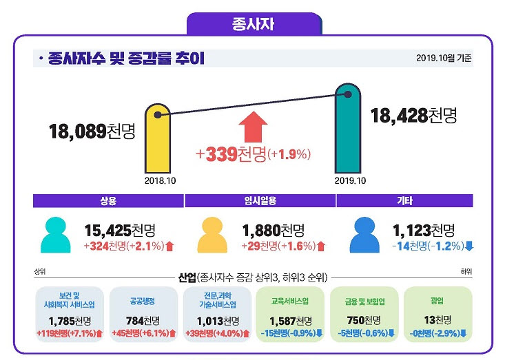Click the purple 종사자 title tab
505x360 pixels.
click(254, 24)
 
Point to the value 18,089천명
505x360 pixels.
click(92, 131)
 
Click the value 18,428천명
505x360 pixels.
click(413, 115)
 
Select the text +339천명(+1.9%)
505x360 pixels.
click(254, 154)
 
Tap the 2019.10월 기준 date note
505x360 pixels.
click(444, 58)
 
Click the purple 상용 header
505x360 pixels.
click(109, 201)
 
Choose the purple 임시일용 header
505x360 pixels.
click(260, 201)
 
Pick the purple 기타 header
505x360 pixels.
click(404, 201)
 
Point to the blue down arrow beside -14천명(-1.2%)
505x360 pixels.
click(469, 246)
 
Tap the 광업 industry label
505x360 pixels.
click(437, 301)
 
